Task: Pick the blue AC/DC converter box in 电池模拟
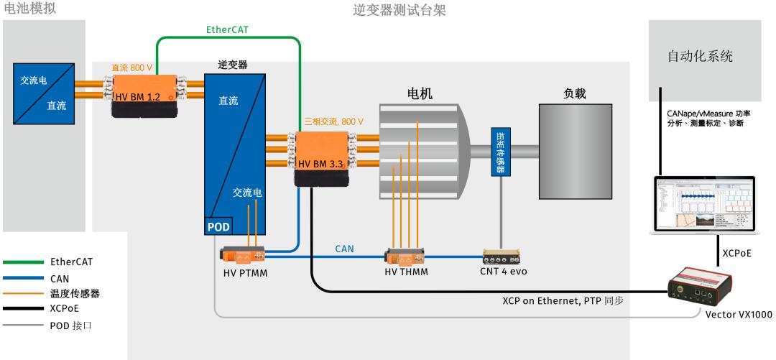tap(45, 91)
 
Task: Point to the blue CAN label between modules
tap(345, 248)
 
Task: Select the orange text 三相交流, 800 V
tap(331, 121)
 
